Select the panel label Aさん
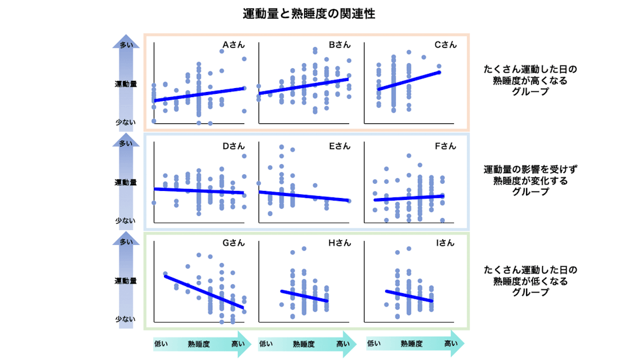234,46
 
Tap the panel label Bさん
340,46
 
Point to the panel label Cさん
446,46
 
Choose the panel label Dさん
234,146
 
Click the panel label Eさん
340,146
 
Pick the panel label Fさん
446,146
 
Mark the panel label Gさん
234,243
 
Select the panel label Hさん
340,243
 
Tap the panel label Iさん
446,243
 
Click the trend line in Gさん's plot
204,291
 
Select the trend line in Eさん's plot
304,195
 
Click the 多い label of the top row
126,45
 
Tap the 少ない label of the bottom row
126,319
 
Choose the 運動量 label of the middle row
126,183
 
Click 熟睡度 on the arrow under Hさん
304,344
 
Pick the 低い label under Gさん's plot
161,344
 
